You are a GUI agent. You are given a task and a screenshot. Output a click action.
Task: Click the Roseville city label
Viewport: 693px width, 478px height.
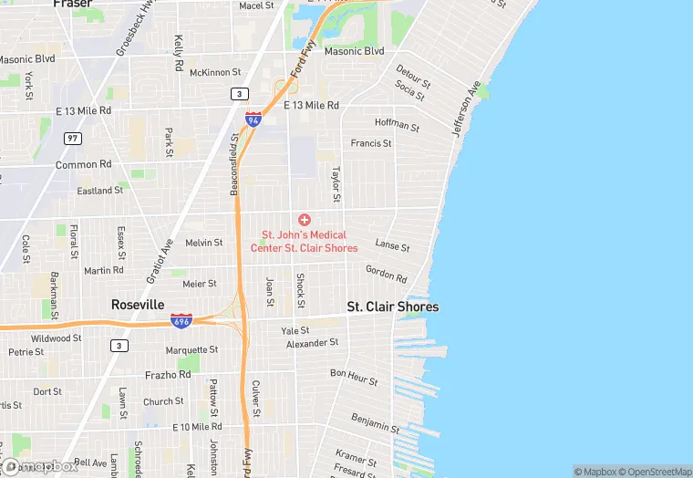[138, 305]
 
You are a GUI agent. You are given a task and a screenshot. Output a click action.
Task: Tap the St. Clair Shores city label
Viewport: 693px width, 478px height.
[393, 307]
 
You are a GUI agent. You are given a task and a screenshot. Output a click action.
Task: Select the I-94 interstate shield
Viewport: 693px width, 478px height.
[253, 119]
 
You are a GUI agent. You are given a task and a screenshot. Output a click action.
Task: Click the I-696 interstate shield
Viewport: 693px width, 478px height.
[181, 321]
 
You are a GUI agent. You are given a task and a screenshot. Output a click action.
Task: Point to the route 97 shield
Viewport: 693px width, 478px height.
[72, 138]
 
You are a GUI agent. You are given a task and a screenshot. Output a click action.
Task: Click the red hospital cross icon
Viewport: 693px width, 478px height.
[305, 220]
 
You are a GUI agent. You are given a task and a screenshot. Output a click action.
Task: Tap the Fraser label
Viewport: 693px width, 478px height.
[72, 5]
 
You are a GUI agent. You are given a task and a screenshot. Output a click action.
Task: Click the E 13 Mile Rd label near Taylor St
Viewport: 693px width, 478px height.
[311, 106]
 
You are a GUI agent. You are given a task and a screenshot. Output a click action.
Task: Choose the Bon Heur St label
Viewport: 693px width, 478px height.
[352, 376]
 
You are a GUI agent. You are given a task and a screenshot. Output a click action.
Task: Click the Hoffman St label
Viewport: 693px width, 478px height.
[397, 126]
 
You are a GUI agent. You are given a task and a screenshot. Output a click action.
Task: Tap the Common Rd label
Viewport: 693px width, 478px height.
[83, 165]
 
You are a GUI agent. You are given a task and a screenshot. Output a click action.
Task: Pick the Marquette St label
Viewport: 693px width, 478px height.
[191, 350]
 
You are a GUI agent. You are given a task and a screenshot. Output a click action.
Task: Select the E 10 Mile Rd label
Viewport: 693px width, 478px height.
[197, 427]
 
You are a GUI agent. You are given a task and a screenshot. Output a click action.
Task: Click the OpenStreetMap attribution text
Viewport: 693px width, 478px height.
[654, 472]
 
